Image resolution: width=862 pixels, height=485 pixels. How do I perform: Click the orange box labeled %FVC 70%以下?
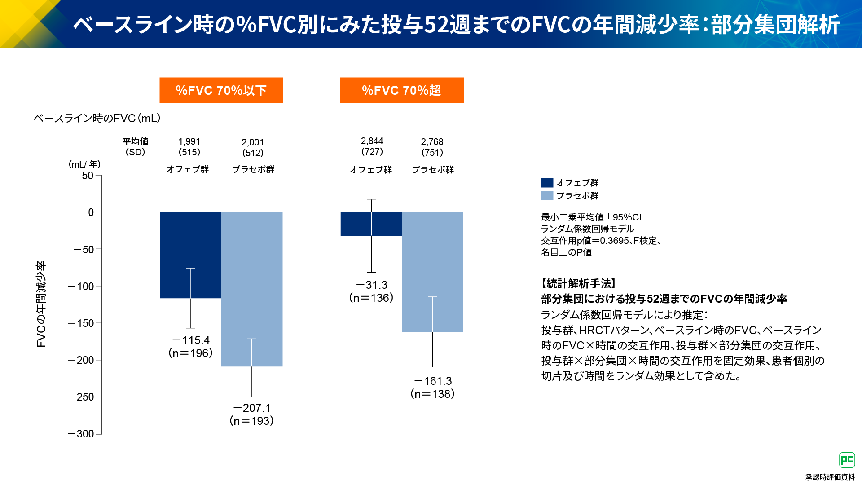(221, 90)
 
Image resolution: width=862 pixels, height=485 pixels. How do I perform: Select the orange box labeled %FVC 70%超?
(401, 90)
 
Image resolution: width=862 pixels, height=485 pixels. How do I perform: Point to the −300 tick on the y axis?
(81, 434)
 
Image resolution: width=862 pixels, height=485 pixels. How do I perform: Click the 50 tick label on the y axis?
(88, 176)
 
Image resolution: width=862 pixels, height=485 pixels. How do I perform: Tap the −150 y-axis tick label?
(81, 323)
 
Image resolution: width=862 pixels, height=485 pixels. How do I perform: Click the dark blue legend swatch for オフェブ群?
(547, 183)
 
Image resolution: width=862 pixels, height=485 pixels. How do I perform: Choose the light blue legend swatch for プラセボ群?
(547, 196)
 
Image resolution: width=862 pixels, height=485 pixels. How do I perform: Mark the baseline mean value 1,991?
(189, 141)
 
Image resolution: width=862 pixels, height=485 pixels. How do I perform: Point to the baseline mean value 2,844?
(372, 141)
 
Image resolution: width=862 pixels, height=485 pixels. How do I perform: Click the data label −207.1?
(252, 408)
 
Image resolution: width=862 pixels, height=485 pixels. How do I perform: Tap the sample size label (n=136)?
(371, 298)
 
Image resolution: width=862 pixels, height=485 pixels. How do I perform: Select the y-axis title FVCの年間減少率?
(41, 304)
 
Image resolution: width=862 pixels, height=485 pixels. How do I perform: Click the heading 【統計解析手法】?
(578, 283)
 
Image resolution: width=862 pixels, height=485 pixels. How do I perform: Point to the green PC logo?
(847, 460)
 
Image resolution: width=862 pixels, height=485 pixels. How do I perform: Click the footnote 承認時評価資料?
(830, 477)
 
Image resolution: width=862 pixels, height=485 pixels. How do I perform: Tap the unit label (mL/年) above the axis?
(84, 164)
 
